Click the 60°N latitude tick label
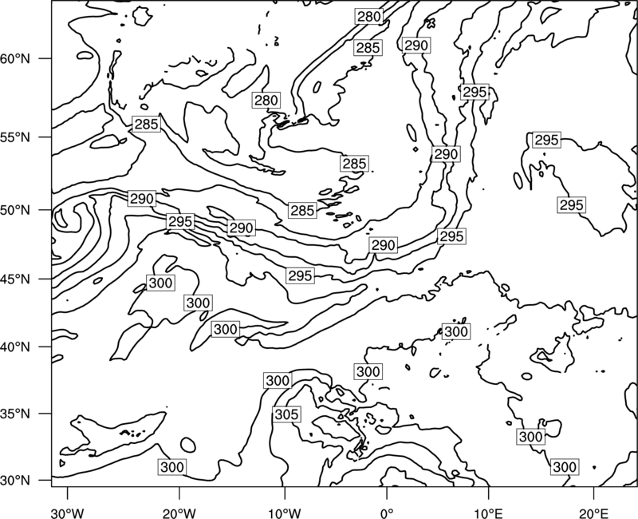click(15, 59)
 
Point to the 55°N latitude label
click(15, 137)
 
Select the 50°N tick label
click(15, 211)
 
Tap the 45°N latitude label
click(15, 279)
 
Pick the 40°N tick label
click(15, 347)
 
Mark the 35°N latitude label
click(15, 414)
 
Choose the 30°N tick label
click(15, 481)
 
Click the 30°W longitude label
click(67, 511)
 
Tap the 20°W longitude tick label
click(179, 511)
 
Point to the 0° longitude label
click(387, 511)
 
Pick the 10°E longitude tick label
click(488, 511)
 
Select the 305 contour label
click(287, 414)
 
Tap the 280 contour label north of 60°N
click(369, 17)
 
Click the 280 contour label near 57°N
click(266, 101)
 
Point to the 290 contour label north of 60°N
click(416, 46)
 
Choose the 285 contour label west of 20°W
click(147, 125)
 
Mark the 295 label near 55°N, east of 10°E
click(546, 141)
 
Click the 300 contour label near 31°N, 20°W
click(172, 467)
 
